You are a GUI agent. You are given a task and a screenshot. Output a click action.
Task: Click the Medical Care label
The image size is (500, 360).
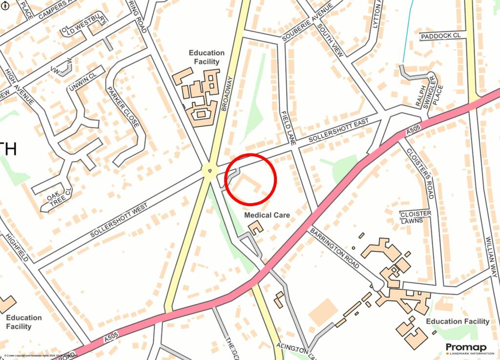[x=267, y=215]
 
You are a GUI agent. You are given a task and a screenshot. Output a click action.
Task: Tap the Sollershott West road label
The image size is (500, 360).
[x=119, y=221]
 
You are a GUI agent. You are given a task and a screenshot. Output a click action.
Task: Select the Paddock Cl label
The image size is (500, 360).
[x=440, y=36]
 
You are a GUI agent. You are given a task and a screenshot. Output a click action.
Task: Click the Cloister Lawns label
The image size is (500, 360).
[x=416, y=217]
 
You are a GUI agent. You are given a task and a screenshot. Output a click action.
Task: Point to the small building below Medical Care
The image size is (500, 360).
[x=255, y=227]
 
